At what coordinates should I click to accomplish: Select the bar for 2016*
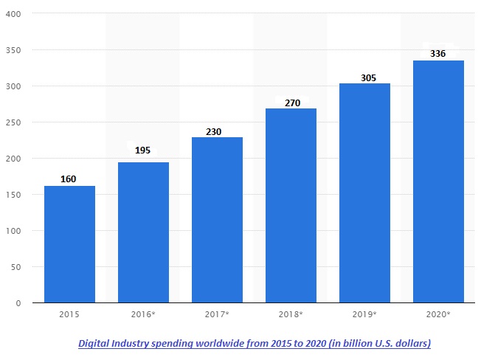[x=143, y=232]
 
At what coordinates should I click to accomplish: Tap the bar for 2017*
[x=217, y=220]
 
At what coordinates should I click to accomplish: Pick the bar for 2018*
[x=291, y=206]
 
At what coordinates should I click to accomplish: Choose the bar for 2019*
[x=364, y=193]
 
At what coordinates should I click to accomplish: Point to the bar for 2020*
[x=438, y=181]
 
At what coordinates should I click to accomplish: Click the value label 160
[x=69, y=179]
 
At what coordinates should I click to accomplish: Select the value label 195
[x=143, y=150]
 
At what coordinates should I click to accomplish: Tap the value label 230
[x=213, y=132]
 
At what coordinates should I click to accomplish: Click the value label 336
[x=438, y=54]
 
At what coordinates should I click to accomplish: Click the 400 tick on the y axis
[x=13, y=14]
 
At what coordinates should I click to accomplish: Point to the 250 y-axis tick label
[x=13, y=122]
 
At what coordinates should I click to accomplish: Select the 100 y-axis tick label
[x=13, y=231]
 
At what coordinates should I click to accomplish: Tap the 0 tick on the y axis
[x=18, y=303]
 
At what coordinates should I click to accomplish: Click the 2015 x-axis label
[x=69, y=314]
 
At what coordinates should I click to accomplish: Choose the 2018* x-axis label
[x=291, y=314]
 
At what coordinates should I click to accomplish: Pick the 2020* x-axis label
[x=438, y=314]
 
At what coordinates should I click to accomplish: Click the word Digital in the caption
[x=97, y=344]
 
